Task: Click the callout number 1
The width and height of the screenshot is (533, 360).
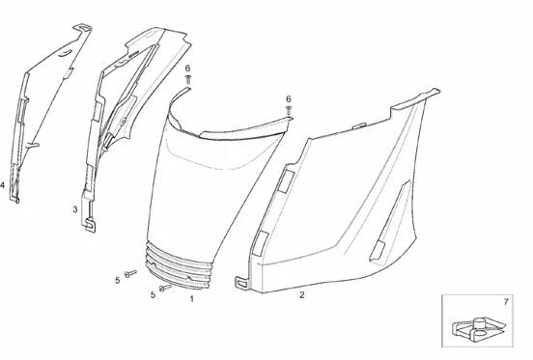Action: click(191, 299)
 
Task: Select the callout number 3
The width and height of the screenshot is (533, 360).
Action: click(75, 208)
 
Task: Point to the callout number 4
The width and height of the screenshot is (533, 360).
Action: click(4, 184)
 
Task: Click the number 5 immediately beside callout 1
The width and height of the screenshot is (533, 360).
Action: click(153, 294)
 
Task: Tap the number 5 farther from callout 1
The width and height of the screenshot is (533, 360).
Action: click(118, 280)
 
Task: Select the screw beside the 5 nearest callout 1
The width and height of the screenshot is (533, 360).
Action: click(166, 287)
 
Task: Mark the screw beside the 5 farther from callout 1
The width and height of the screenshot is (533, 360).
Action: click(132, 274)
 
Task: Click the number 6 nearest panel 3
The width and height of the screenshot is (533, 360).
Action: click(187, 68)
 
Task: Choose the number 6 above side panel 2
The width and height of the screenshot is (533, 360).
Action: click(288, 98)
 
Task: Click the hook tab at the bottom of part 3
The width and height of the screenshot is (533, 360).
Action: click(91, 224)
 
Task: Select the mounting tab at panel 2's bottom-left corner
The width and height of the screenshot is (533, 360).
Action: click(241, 283)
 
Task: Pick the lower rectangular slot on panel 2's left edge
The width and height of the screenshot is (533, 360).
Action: click(261, 242)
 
